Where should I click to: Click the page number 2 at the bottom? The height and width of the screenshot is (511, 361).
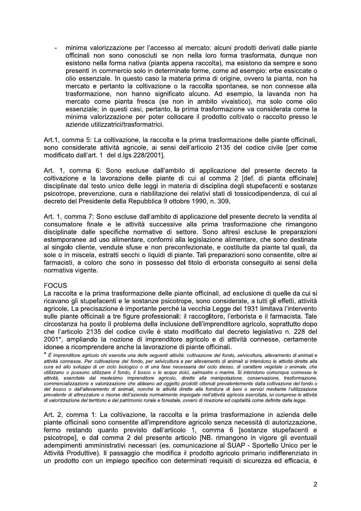[x=315, y=485]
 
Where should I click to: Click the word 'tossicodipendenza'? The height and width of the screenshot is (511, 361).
[x=266, y=193]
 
